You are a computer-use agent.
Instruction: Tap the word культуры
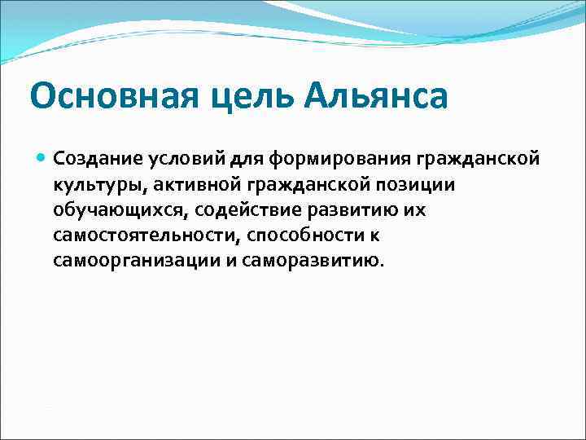click(89, 185)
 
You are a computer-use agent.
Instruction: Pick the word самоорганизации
click(117, 262)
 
